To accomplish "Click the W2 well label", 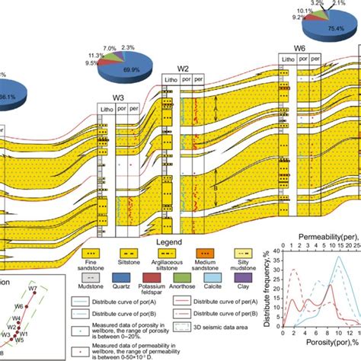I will click(x=183, y=69).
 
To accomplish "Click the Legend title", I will click(x=179, y=240).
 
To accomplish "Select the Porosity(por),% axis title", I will click(x=318, y=353).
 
